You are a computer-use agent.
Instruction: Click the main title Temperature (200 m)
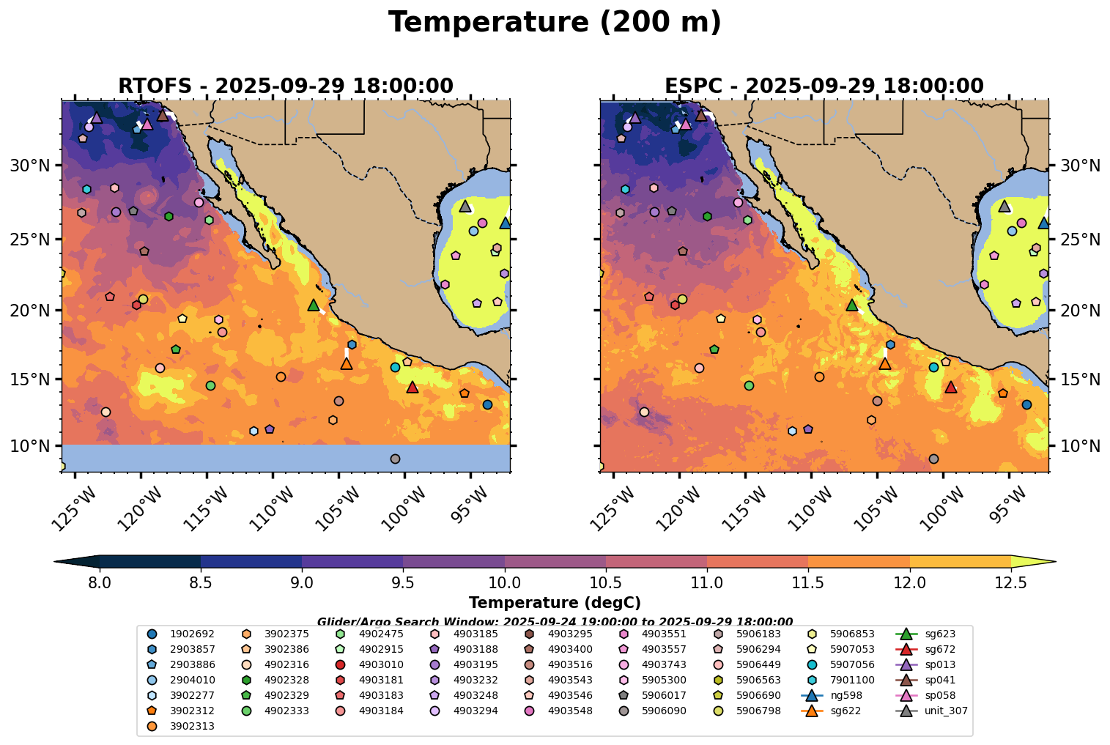tap(555, 23)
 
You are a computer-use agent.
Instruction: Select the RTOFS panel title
tap(286, 86)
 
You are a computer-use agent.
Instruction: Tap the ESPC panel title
tap(824, 86)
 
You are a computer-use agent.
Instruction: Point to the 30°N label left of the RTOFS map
tap(30, 166)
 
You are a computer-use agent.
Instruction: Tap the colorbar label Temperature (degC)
tap(555, 603)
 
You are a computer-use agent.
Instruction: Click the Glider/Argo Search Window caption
tap(555, 621)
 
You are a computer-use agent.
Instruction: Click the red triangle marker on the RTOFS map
tap(412, 387)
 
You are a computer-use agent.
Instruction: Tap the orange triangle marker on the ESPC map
tap(885, 363)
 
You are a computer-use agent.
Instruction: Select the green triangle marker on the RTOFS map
tap(314, 305)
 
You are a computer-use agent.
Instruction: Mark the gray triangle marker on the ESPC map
tap(1004, 206)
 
